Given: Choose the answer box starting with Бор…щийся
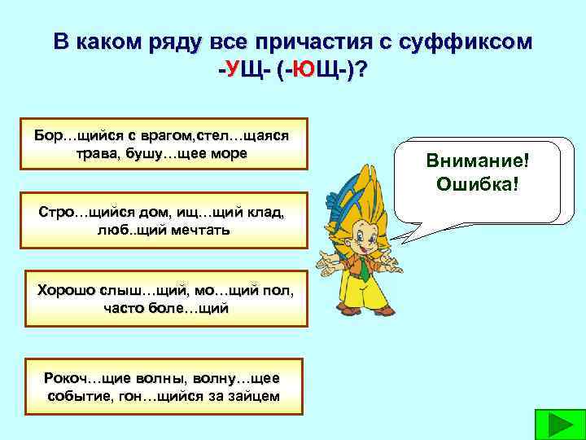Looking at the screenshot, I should pos(164,143).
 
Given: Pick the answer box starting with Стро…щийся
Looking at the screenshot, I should pos(164,220).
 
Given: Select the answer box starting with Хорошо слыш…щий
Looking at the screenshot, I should pos(164,298).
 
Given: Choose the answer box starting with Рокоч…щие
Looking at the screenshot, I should pos(164,386).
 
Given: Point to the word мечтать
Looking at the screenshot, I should pos(199,230).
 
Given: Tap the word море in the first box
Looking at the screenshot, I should pos(227,153).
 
